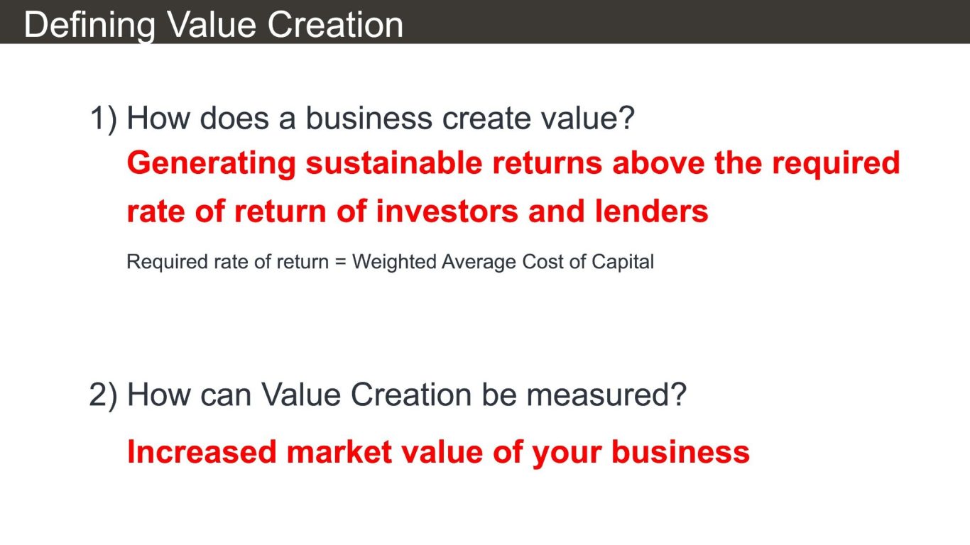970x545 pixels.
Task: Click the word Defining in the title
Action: [x=89, y=26]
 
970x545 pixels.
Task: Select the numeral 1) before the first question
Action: [x=104, y=119]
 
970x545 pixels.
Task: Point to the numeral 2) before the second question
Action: [x=103, y=395]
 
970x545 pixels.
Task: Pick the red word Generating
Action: [x=212, y=164]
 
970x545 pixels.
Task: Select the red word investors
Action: [x=447, y=211]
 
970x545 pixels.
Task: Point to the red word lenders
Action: [x=652, y=211]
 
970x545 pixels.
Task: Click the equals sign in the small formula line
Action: [x=341, y=262]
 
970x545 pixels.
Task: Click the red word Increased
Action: [x=202, y=452]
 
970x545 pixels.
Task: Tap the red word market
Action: [x=339, y=452]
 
